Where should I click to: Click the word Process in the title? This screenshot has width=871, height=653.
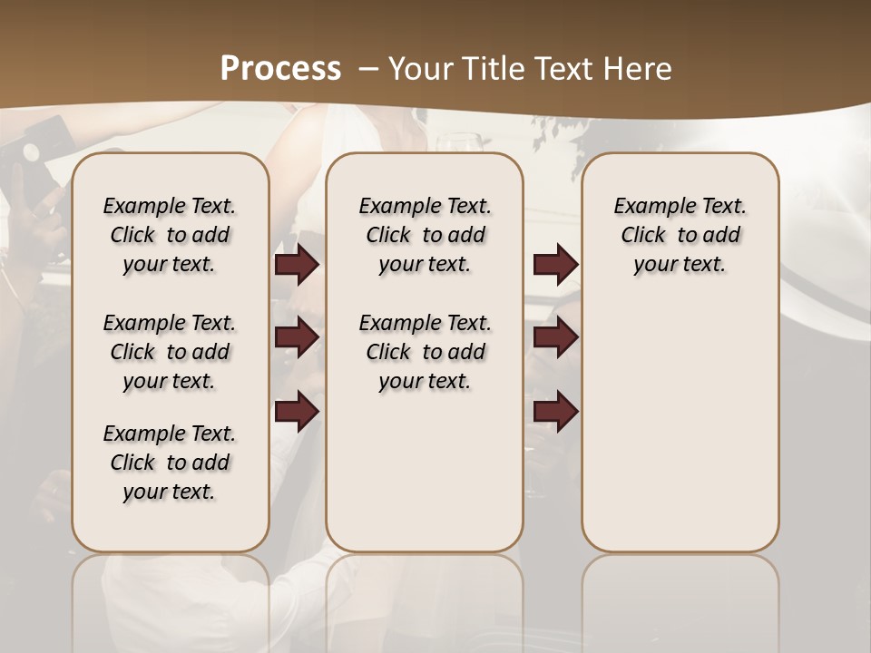tap(280, 69)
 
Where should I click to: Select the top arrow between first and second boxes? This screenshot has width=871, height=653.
tap(297, 265)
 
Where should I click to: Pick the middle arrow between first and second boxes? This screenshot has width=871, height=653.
tap(297, 338)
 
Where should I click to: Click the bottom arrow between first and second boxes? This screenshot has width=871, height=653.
tap(297, 412)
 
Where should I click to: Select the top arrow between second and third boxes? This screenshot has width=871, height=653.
tap(555, 265)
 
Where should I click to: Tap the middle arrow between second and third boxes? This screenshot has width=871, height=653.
tap(555, 338)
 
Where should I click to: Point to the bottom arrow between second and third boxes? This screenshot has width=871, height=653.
tap(555, 412)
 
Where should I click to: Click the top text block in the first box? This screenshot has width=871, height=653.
tap(170, 235)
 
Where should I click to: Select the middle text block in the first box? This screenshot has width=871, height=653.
tap(170, 352)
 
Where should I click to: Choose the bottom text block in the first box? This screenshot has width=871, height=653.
tap(170, 463)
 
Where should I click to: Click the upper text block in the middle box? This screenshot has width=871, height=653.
tap(425, 235)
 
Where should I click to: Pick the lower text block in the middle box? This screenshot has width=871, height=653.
tap(425, 352)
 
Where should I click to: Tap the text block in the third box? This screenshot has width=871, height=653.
tap(680, 235)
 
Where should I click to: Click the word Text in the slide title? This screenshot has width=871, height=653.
tap(559, 69)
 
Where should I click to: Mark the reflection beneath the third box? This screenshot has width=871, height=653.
tap(680, 599)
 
